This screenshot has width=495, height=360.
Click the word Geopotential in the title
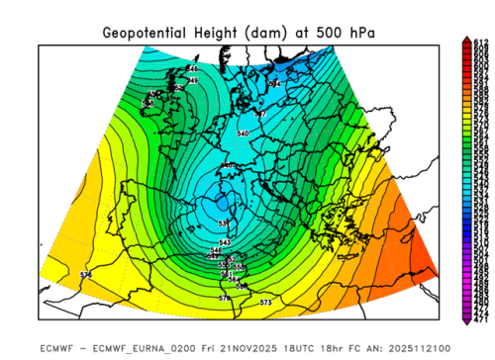tap(148, 33)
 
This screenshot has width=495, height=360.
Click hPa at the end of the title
tap(360, 33)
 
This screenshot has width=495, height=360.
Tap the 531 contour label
tap(224, 225)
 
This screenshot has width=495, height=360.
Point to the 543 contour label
tap(224, 242)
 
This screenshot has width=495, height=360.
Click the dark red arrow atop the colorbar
tap(466, 39)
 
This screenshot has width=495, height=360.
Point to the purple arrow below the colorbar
tap(466, 320)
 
